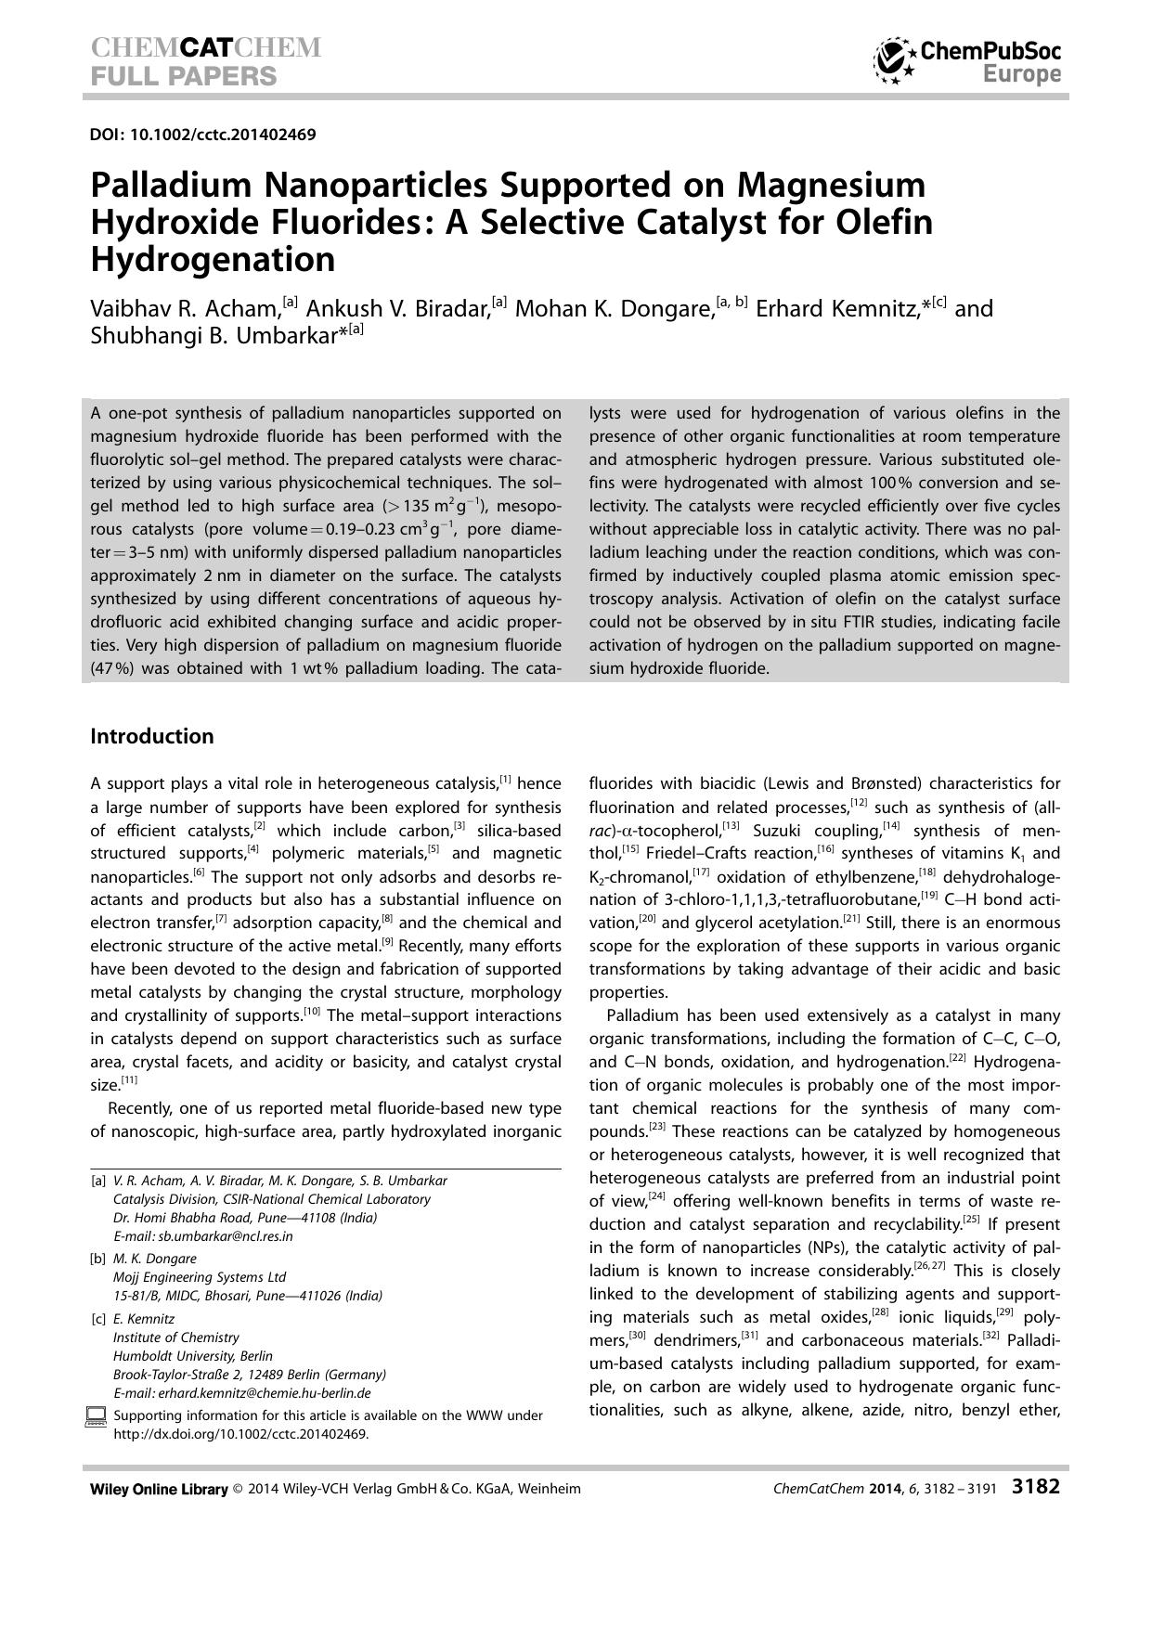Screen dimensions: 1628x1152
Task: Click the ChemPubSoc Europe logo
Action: coord(966,61)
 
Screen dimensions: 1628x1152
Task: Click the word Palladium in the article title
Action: coord(171,186)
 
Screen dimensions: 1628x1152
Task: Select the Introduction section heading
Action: coord(151,736)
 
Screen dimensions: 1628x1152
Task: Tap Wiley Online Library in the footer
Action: coord(159,1489)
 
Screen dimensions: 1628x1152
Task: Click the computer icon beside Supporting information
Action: coord(96,1416)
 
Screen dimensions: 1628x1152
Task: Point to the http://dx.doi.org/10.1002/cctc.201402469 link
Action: coord(240,1433)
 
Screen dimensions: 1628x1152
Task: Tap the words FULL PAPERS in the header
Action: coord(183,76)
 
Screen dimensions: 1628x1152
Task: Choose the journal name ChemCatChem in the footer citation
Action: coord(819,1489)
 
